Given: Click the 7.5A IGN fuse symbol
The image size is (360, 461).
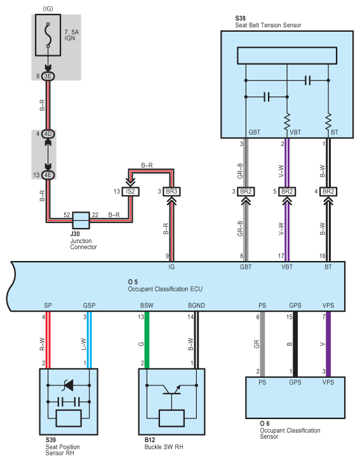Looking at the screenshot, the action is coord(48,35).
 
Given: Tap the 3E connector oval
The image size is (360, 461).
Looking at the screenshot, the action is coord(48,76).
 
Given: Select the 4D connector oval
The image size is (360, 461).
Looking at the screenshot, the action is coord(48,134).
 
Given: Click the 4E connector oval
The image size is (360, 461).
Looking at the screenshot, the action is coord(48,175).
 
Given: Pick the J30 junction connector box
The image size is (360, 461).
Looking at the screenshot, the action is coord(81,220).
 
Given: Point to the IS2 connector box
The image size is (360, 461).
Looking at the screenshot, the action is coord(131,191).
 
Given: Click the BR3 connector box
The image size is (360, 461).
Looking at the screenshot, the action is coord(171,191).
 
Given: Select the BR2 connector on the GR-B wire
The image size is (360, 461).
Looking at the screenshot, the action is coord(246,191).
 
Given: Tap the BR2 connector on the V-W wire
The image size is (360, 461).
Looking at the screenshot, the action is coord(287,191).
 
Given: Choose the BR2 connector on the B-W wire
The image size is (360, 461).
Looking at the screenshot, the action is coord(328,191).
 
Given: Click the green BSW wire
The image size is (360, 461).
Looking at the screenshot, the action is coord(147,340).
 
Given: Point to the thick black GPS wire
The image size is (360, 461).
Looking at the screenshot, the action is coord(295,344).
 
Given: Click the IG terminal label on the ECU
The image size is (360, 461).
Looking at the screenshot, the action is coord(171,267).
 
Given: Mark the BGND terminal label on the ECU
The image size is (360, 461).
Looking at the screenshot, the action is coord(196,305).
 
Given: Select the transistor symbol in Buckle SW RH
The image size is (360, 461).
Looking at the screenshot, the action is coord(172,389).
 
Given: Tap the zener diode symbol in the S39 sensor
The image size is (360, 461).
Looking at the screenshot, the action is coord(69,385).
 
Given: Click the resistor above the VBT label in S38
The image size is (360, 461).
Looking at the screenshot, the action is coord(287,121).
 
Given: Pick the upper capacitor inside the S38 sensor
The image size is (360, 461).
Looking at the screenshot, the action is coord(308,80).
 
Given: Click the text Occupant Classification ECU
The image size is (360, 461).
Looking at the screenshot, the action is coord(165,289).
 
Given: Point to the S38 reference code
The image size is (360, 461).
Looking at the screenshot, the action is coord(241,18).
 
